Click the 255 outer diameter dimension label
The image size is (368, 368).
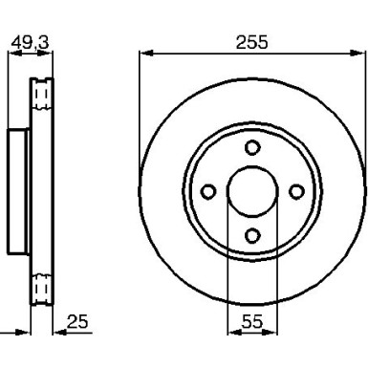coord(252,42)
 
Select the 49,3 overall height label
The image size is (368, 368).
coord(31,43)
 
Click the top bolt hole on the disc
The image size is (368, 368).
coord(252,147)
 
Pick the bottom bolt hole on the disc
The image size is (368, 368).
coord(252,235)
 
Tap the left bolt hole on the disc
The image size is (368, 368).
coord(208,191)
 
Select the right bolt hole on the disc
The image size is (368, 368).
coord(296,191)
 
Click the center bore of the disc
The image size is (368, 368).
coord(252,191)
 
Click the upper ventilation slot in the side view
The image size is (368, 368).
coord(41,94)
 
